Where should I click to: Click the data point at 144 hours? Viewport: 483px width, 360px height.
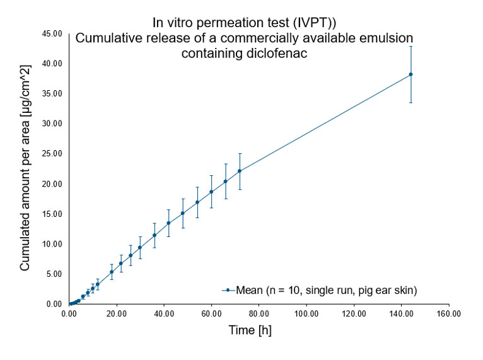tap(411, 74)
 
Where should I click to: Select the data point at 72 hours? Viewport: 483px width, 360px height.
tap(240, 171)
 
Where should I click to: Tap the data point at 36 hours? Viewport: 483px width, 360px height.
tap(154, 235)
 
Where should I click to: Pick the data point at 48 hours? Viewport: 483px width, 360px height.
tap(183, 213)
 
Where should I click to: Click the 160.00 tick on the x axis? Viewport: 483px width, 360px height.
tap(448, 313)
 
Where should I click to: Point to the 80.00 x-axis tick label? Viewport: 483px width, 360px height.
tap(259, 313)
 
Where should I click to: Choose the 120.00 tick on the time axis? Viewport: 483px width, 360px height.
tap(354, 313)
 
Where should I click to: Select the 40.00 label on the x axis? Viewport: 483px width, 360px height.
tap(164, 313)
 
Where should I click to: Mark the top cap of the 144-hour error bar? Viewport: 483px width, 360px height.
tap(411, 46)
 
